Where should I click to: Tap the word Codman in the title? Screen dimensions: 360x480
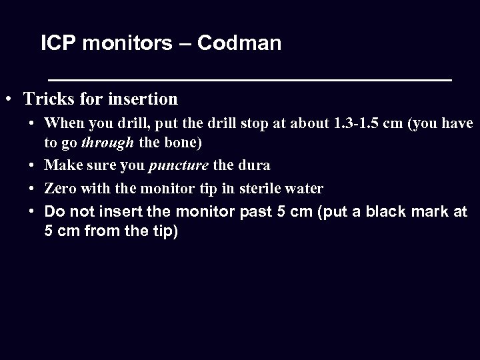click(x=240, y=44)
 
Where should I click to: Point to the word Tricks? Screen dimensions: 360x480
click(x=48, y=100)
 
